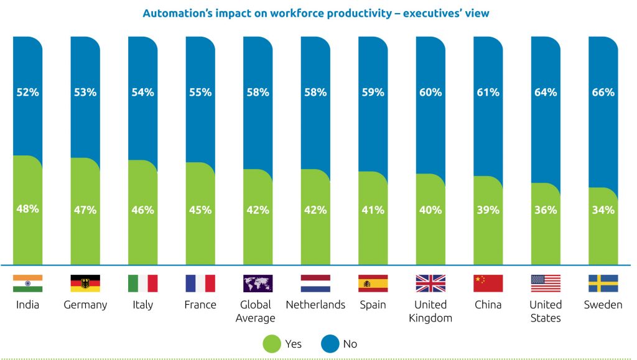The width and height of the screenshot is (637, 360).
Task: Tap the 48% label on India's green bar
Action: point(27,209)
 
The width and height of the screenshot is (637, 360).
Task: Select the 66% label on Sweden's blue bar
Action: point(603,92)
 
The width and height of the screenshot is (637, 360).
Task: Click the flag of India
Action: point(27,284)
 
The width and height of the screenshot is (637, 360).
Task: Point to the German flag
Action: point(85,284)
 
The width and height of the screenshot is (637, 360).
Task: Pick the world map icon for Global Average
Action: point(258,284)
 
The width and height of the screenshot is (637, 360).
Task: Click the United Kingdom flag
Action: point(430,284)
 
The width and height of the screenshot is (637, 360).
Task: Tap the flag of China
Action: point(488,284)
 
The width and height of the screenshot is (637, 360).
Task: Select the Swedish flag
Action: point(603,284)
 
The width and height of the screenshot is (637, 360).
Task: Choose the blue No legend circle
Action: point(330,343)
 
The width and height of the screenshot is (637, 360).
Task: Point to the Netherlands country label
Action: point(315,305)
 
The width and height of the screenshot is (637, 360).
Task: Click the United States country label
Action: point(545,311)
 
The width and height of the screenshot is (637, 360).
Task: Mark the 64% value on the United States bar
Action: point(545,92)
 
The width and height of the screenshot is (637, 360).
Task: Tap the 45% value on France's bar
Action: point(200,210)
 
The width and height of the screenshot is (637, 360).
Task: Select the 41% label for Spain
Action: point(373,210)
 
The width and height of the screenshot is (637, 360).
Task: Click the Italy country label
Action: point(142,305)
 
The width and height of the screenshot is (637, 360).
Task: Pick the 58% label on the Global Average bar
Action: point(258,92)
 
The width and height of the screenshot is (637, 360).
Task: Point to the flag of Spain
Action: point(373,284)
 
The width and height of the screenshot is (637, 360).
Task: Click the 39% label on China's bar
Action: point(488,210)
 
